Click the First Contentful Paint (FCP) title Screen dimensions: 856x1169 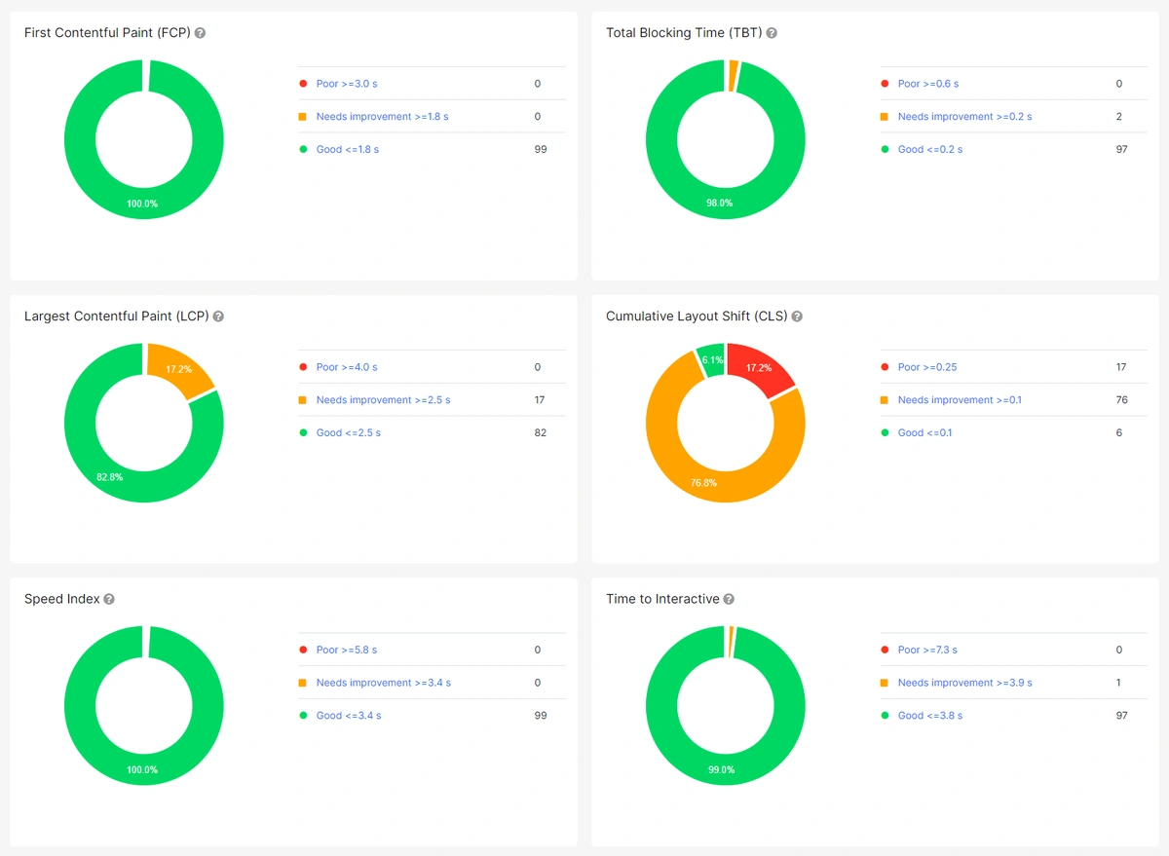tap(107, 33)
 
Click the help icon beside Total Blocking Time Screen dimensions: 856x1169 tap(772, 33)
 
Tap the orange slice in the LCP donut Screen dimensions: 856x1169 tap(179, 371)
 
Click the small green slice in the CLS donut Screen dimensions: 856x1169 tap(711, 359)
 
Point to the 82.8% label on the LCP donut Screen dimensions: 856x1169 tap(110, 477)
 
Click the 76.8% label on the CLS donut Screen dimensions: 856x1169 tap(703, 483)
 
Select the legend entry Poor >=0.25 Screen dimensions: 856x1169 tap(926, 367)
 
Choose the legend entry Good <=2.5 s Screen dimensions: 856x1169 tap(348, 432)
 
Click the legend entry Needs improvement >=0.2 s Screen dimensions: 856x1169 tap(964, 117)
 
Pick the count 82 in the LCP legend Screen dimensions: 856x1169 tap(540, 432)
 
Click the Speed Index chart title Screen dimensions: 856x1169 tap(61, 599)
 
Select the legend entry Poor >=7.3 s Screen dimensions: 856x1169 tap(926, 650)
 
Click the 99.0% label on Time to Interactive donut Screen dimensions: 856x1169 tap(721, 769)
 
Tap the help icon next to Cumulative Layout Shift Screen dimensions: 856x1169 tap(797, 316)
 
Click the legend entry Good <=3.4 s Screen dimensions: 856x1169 tap(348, 716)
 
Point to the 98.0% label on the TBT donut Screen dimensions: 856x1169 tap(720, 204)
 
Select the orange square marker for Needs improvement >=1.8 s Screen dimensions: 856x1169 tap(303, 117)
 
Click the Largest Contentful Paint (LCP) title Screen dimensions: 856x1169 tap(116, 316)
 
